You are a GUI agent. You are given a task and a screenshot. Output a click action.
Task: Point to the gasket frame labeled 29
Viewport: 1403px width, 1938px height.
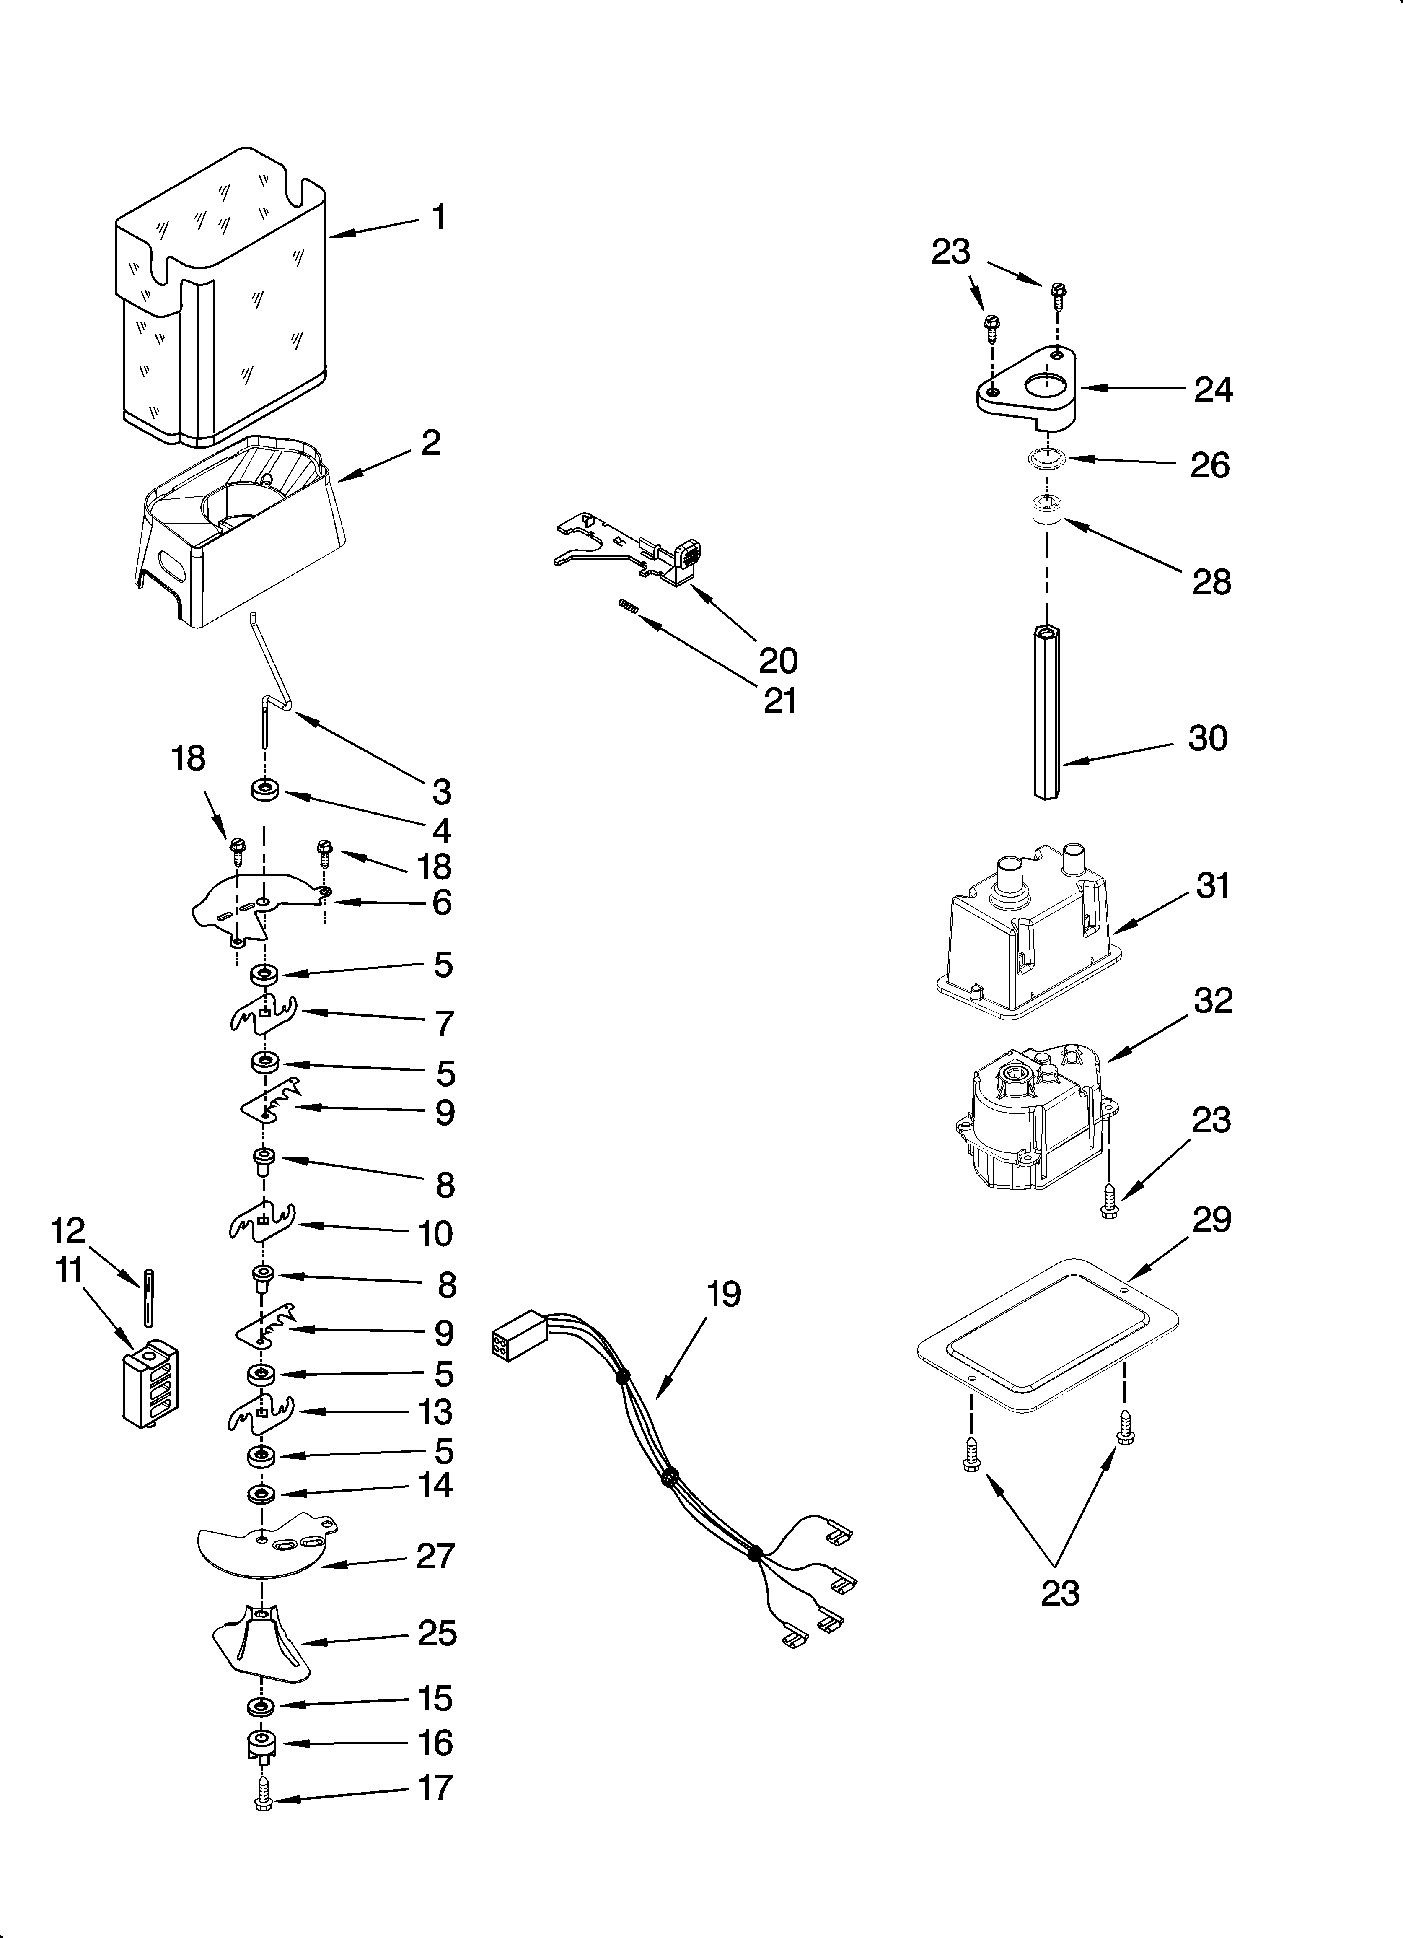pos(1048,1341)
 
